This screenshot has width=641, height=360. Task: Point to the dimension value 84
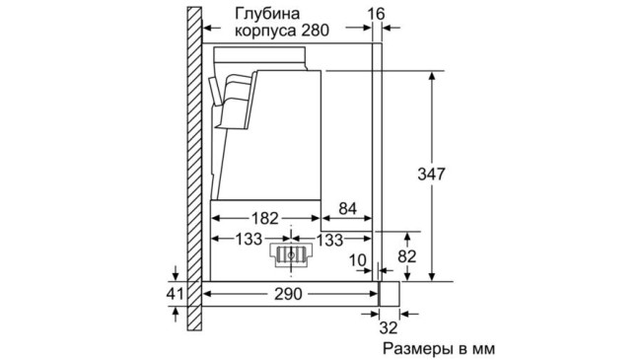pos(348,208)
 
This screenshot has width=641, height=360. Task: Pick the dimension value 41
pos(175,295)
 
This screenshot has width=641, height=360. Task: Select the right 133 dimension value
pos(328,239)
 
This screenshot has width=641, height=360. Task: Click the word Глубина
pos(267,13)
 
